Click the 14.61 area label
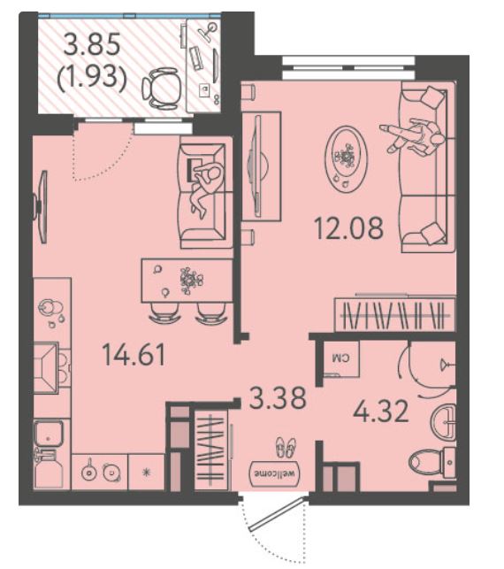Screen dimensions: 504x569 click(x=134, y=355)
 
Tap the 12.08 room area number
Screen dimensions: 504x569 click(x=348, y=228)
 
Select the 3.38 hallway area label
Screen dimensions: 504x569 click(x=279, y=398)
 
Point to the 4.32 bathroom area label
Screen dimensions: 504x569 click(x=381, y=411)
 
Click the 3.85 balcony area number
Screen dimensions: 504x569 click(x=92, y=44)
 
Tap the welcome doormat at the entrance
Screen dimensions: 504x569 click(x=276, y=473)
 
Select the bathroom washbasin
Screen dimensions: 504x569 click(x=443, y=422)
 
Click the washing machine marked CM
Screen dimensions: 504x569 click(x=341, y=359)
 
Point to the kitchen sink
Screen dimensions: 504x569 click(x=49, y=434)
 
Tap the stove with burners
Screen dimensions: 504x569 click(x=99, y=472)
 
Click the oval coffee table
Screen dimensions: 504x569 click(x=346, y=158)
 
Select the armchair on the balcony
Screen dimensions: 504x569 click(x=162, y=88)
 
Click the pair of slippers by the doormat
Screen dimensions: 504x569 click(x=286, y=448)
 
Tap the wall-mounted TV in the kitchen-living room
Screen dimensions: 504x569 click(x=41, y=206)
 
